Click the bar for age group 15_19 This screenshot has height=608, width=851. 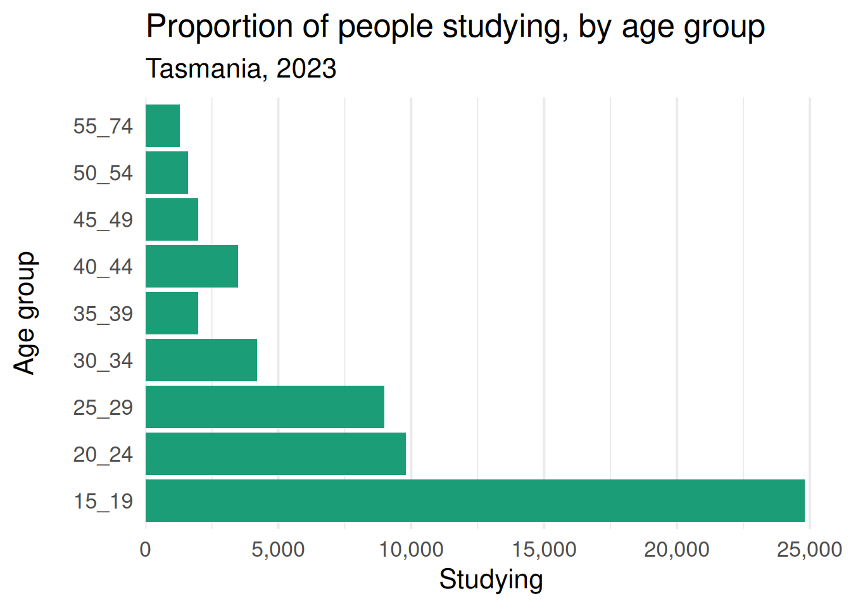click(475, 500)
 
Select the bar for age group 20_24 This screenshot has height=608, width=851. click(275, 453)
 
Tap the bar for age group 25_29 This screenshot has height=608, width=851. click(265, 407)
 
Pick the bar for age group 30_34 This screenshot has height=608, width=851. click(201, 360)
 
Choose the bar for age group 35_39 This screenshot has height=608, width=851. click(172, 313)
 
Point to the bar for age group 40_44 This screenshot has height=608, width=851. click(192, 267)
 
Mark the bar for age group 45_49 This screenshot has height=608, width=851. click(172, 219)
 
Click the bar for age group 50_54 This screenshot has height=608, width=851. click(167, 172)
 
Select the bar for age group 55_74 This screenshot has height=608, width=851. click(163, 126)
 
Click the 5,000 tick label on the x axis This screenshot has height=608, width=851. click(278, 550)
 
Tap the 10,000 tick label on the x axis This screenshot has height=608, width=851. click(411, 550)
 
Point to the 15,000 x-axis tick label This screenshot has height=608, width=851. click(544, 550)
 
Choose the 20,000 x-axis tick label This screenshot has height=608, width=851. click(677, 550)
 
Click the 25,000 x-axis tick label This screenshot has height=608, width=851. click(809, 550)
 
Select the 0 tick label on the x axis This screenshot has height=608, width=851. click(146, 550)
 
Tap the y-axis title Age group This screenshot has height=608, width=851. click(26, 313)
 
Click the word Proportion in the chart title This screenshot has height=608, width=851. click(220, 27)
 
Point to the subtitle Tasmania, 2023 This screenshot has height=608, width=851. click(241, 69)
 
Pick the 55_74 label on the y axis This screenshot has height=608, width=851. click(103, 127)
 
